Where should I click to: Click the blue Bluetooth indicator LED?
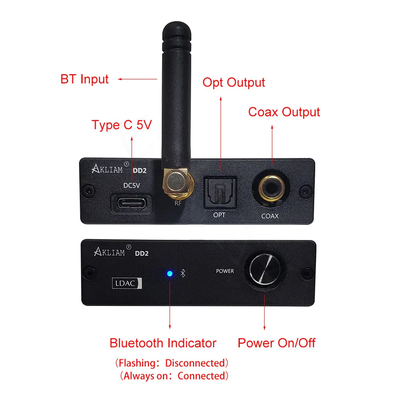pyautogui.click(x=170, y=274)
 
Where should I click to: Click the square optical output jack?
pyautogui.click(x=219, y=192)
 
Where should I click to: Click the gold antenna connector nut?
pyautogui.click(x=175, y=181)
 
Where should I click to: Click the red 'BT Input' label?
pyautogui.click(x=84, y=79)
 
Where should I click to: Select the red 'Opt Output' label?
pyautogui.click(x=233, y=83)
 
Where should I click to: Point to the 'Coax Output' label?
pyautogui.click(x=284, y=112)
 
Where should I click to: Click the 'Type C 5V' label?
pyautogui.click(x=122, y=125)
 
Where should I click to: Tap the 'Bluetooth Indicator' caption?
pyautogui.click(x=163, y=343)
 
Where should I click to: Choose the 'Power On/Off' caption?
pyautogui.click(x=276, y=343)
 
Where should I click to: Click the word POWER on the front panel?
pyautogui.click(x=225, y=271)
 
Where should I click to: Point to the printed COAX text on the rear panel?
pyautogui.click(x=270, y=216)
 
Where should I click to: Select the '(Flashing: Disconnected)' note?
pyautogui.click(x=172, y=363)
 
